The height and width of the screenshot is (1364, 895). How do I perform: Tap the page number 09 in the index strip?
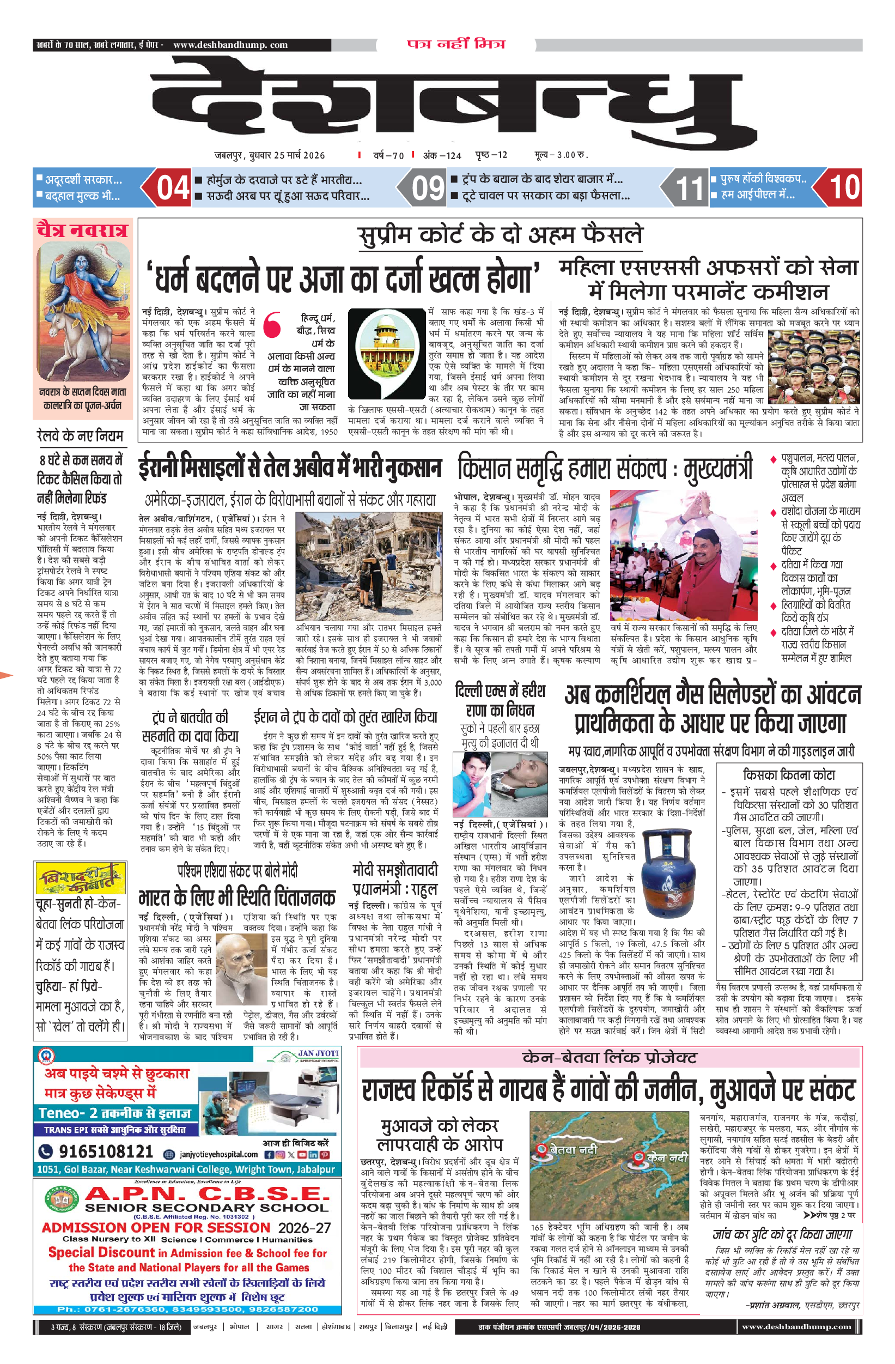click(428, 188)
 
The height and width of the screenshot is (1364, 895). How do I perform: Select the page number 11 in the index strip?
click(689, 188)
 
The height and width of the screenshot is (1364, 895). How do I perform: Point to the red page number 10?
click(844, 188)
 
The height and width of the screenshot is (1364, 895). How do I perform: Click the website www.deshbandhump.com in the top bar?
click(230, 45)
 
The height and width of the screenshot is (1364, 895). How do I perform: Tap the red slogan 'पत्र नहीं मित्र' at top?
click(456, 44)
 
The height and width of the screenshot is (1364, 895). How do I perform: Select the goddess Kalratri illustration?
click(83, 310)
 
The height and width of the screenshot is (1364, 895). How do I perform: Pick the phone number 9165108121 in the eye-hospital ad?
click(106, 1151)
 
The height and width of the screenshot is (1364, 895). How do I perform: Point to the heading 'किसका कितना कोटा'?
click(788, 775)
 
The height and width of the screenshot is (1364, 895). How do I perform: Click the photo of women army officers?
click(813, 366)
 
